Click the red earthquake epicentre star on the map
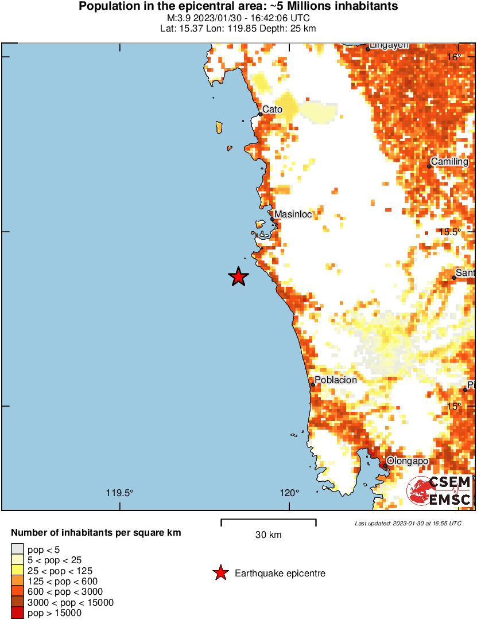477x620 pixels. point(238,277)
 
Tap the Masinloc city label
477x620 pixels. point(293,215)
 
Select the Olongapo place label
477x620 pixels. point(408,461)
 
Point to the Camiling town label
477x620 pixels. point(449,162)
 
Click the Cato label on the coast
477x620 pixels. point(272,109)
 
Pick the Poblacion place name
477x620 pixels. point(336,380)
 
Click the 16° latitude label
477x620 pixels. point(454,57)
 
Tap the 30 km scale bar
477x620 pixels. point(269,522)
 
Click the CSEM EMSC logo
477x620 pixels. point(439,491)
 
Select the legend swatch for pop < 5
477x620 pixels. point(18,549)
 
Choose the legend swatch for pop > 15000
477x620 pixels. point(18,613)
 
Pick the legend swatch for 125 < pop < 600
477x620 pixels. point(18,581)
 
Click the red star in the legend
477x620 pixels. point(220,573)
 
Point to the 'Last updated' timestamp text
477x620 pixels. point(408,523)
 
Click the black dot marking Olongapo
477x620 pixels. point(385,466)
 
